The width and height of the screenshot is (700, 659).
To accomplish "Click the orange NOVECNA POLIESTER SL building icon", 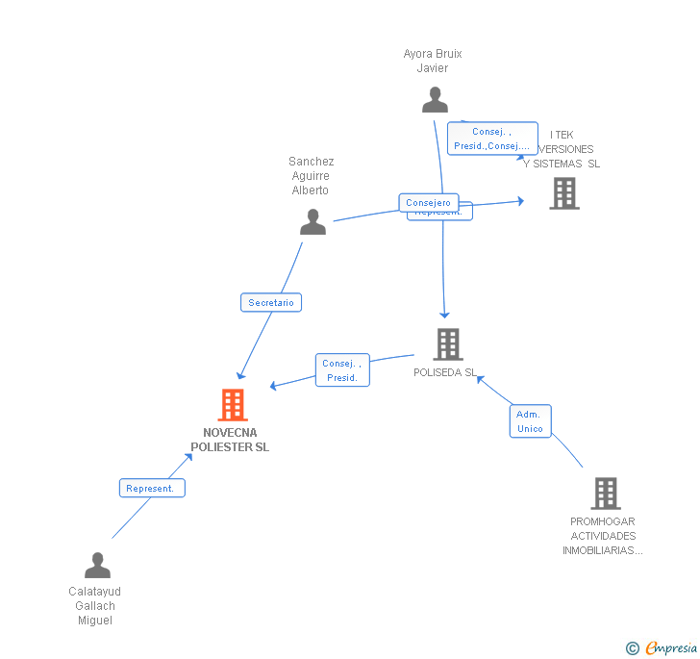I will click(233, 405).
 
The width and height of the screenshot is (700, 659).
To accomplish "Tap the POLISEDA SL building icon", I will click(447, 344).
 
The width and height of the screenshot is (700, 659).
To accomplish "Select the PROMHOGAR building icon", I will click(605, 494).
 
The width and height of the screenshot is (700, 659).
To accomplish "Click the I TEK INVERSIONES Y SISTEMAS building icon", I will click(564, 193).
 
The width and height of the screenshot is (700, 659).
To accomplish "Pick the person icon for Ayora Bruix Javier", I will click(435, 99).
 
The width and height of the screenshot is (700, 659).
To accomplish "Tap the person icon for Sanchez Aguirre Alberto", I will click(312, 222).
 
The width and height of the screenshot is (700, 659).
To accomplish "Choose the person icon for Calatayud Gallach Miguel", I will click(97, 565).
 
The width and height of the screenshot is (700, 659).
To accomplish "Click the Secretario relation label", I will click(271, 302).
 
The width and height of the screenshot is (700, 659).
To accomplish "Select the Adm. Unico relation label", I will click(530, 421).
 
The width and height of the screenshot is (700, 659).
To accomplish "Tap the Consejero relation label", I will click(428, 203).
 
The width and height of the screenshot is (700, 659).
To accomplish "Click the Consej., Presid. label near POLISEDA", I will click(341, 370).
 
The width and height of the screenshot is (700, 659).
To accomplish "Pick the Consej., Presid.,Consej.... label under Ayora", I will click(491, 139).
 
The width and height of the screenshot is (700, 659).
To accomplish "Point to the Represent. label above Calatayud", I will click(151, 488).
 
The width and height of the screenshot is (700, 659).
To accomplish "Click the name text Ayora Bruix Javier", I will click(433, 61).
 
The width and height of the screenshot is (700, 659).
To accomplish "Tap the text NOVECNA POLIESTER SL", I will click(230, 440).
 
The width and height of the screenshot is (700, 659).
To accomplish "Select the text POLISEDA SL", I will click(444, 372).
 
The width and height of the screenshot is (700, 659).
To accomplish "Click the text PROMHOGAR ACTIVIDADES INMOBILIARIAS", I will click(604, 536).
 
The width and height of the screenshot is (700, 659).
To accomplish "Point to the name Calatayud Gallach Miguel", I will click(95, 605).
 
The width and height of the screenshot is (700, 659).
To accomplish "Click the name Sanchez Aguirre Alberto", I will click(311, 176).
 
